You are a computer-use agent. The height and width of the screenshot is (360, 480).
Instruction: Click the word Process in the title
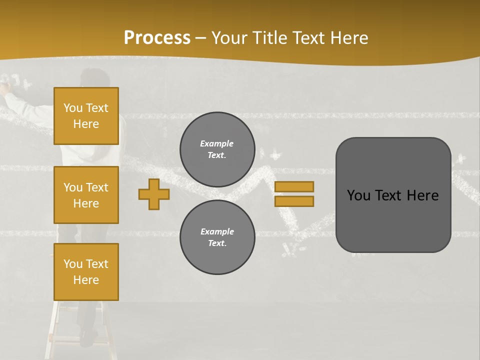[x=157, y=38]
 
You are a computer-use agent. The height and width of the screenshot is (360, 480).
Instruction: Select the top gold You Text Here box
[x=86, y=116]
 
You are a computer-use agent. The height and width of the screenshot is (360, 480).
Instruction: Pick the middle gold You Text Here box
[x=86, y=195]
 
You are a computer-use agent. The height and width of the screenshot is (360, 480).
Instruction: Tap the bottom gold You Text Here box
[x=86, y=272]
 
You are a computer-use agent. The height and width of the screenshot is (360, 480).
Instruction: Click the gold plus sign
[x=153, y=194]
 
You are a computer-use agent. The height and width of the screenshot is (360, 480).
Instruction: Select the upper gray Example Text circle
[x=217, y=149]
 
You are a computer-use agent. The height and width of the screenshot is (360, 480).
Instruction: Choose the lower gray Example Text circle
[x=217, y=237]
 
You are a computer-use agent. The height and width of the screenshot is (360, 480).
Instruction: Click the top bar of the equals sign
[x=294, y=186]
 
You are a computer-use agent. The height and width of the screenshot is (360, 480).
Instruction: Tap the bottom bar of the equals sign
[x=294, y=201]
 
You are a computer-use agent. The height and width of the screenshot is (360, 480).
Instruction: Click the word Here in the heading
[x=349, y=38]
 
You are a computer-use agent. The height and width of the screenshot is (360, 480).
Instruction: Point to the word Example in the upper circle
[x=217, y=143]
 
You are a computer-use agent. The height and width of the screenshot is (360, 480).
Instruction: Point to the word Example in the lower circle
[x=217, y=231]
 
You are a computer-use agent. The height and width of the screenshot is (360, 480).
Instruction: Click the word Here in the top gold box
[x=86, y=124]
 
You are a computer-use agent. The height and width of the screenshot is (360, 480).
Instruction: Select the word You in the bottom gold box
[x=72, y=264]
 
